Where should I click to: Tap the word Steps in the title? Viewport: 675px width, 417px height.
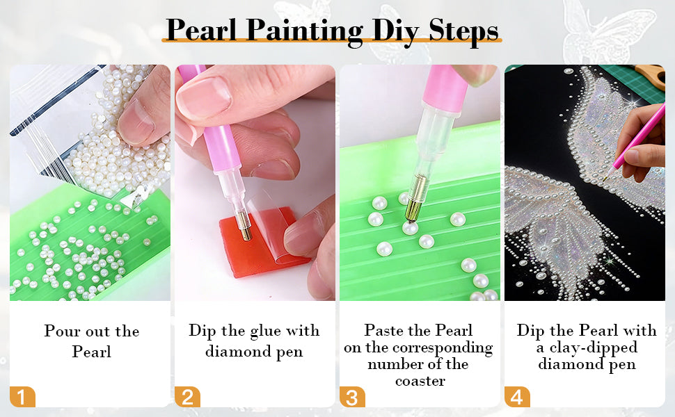(x=463, y=31)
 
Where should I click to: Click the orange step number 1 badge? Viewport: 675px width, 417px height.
(x=22, y=397)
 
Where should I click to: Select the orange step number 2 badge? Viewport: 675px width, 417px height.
(x=187, y=397)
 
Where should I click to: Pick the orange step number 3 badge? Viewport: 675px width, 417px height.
(x=352, y=397)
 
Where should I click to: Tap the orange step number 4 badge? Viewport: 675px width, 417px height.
(x=517, y=397)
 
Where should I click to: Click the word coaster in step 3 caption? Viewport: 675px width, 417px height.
(x=420, y=382)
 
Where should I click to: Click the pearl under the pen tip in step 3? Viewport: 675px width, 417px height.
(x=410, y=227)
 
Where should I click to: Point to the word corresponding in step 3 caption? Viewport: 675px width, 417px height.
(x=443, y=348)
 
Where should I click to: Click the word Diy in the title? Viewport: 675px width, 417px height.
(x=395, y=31)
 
